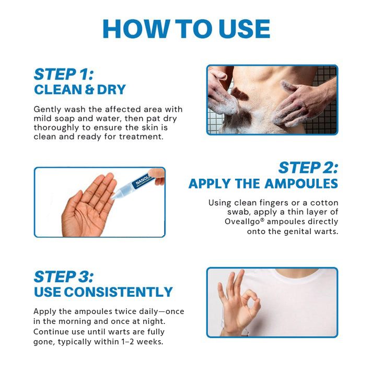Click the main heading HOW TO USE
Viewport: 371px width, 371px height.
(x=185, y=29)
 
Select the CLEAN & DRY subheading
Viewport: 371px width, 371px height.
(x=80, y=89)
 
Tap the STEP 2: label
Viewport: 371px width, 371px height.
(x=308, y=168)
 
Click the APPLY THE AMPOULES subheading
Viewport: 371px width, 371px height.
(x=263, y=183)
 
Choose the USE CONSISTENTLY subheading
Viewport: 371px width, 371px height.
(x=103, y=292)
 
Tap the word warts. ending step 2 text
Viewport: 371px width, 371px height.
(x=324, y=230)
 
